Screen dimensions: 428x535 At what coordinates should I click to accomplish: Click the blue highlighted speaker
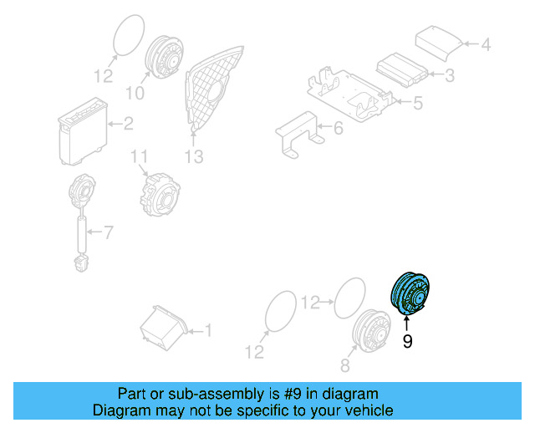pyautogui.click(x=410, y=294)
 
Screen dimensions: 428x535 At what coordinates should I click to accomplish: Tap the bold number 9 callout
pyautogui.click(x=408, y=342)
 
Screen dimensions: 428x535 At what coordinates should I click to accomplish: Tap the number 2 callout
pyautogui.click(x=128, y=125)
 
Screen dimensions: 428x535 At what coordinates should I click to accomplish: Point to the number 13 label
pyautogui.click(x=194, y=156)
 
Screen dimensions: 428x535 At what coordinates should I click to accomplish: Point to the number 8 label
pyautogui.click(x=344, y=364)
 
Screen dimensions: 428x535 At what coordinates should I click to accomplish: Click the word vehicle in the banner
pyautogui.click(x=364, y=411)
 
